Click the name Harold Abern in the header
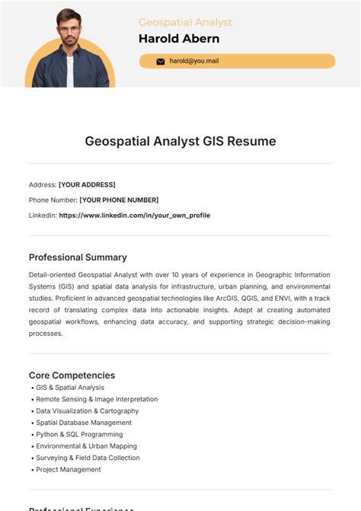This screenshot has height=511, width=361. (x=178, y=39)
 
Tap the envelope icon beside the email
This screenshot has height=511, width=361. (x=160, y=61)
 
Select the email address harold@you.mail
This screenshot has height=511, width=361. (x=193, y=61)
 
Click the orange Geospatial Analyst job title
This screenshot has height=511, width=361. (x=185, y=23)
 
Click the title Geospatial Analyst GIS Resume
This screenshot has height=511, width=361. (x=180, y=141)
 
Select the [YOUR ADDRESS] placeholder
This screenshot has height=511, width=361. (x=87, y=184)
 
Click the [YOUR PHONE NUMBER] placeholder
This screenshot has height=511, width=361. (x=119, y=200)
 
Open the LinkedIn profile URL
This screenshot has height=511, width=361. (x=134, y=215)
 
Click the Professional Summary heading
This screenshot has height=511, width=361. (x=78, y=257)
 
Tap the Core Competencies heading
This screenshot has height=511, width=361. (x=72, y=375)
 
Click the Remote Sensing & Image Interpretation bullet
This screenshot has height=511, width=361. (x=97, y=399)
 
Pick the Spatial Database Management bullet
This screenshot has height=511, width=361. (x=83, y=423)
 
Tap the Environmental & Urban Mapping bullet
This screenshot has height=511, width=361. (x=86, y=446)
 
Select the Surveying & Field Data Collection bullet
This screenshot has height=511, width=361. (x=88, y=458)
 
